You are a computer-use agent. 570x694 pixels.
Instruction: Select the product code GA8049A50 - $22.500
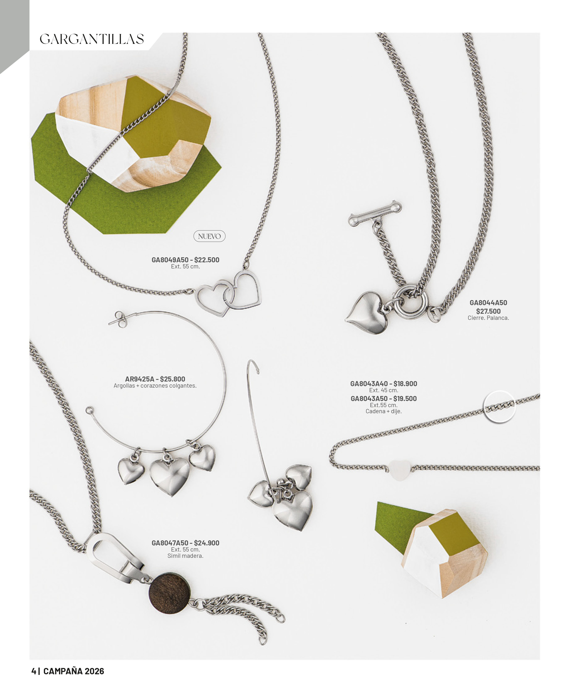click(185, 260)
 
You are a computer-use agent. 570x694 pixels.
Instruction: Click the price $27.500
click(488, 311)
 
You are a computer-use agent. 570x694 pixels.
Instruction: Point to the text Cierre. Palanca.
click(488, 318)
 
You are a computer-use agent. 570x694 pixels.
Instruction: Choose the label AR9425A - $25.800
click(155, 379)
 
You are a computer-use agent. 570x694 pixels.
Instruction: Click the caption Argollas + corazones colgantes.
click(155, 386)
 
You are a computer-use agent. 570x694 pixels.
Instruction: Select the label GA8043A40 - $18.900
click(383, 384)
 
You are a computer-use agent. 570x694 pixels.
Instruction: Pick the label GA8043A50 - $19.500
click(383, 398)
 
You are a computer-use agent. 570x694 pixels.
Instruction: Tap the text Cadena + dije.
click(383, 411)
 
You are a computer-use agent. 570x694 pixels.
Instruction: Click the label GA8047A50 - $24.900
click(185, 543)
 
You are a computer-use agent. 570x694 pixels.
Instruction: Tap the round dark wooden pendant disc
click(170, 593)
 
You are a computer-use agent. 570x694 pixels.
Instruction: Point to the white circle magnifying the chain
click(499, 407)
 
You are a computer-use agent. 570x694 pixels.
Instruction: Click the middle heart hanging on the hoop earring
click(170, 476)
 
